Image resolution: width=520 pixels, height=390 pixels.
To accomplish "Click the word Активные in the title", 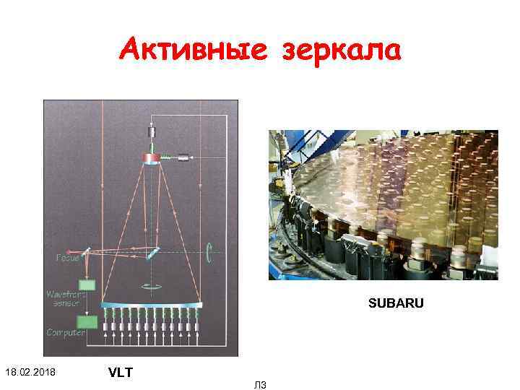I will [186, 50].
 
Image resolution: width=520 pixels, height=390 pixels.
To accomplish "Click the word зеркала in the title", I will [341, 51].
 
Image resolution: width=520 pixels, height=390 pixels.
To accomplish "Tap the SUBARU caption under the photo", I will [396, 303].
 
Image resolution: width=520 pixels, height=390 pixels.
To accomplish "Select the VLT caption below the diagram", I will [121, 373].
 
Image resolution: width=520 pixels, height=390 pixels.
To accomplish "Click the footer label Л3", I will [260, 385].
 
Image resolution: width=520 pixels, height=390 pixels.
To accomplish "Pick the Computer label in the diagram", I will [66, 332].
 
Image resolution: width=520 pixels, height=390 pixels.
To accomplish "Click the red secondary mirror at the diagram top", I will [152, 158].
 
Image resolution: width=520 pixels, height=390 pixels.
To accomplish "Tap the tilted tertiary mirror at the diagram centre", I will [154, 253].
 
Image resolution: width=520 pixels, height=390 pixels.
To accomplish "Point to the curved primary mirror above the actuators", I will [152, 305].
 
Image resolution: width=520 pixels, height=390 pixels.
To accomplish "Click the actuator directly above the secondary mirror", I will [152, 134].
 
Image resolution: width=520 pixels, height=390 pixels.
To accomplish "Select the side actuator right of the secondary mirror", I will [183, 157].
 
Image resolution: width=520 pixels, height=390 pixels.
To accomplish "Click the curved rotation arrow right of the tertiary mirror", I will [208, 252].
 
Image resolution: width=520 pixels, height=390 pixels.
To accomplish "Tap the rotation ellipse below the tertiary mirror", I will [152, 287].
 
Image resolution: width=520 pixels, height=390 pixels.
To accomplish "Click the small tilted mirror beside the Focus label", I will [87, 251].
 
